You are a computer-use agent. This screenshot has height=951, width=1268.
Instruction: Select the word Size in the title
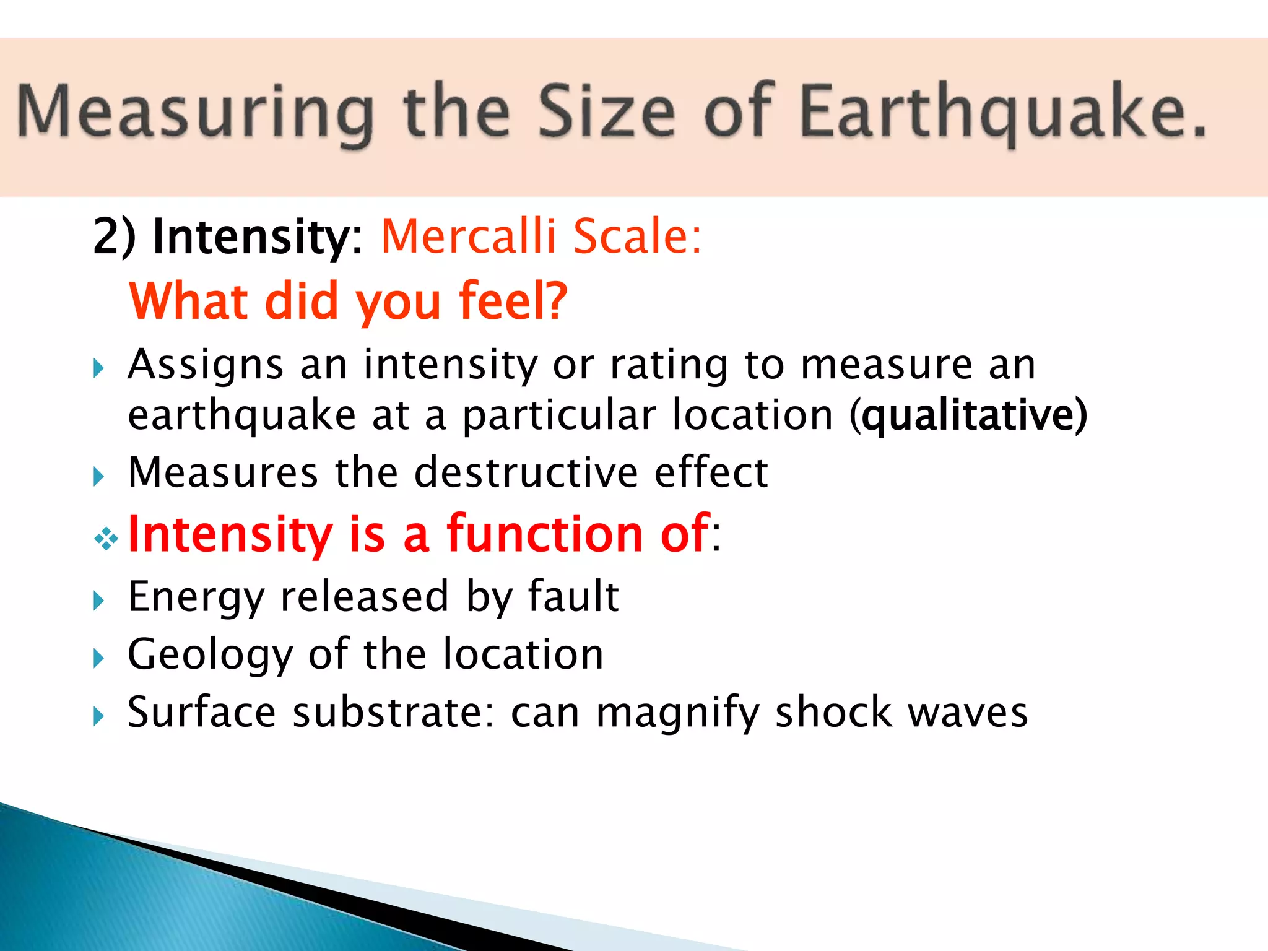pyautogui.click(x=607, y=111)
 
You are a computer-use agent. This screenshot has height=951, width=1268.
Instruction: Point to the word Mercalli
pyautogui.click(x=469, y=237)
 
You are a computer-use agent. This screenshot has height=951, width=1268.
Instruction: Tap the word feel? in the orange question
pyautogui.click(x=513, y=302)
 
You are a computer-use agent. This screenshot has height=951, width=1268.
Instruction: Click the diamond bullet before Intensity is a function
pyautogui.click(x=106, y=539)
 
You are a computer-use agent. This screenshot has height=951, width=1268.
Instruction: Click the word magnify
pyautogui.click(x=677, y=713)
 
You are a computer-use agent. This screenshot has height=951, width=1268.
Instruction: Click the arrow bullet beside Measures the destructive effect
pyautogui.click(x=98, y=477)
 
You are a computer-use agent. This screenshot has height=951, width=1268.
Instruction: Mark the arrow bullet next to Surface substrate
pyautogui.click(x=98, y=716)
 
